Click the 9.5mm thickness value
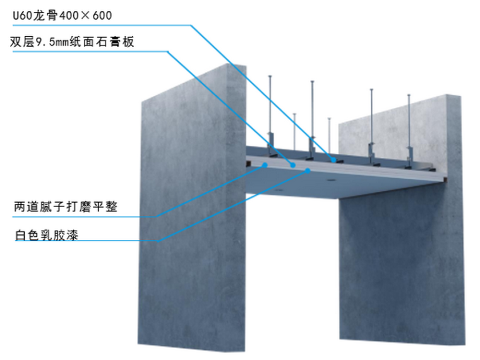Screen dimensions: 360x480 point(53,42)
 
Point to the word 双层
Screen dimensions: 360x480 point(21,42)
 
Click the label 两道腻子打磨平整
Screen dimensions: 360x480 point(65,207)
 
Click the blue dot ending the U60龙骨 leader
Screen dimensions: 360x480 point(333,159)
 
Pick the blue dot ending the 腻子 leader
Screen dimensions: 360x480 point(264,165)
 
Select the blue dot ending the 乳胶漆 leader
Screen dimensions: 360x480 point(308,171)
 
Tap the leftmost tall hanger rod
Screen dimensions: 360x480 point(270,107)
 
